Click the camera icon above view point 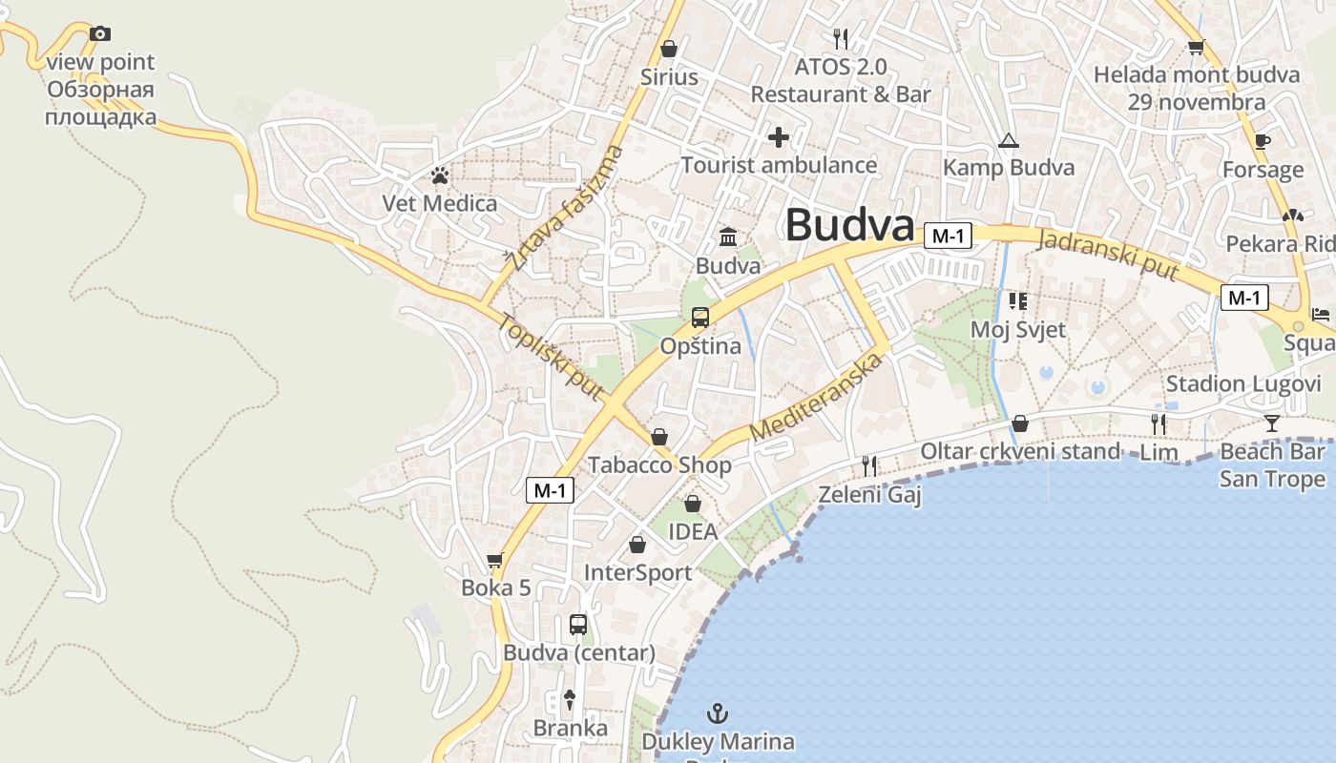click(x=100, y=34)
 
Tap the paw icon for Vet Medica click(x=440, y=175)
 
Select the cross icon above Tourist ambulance click(x=779, y=137)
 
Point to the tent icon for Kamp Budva click(x=1008, y=141)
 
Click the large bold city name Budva click(x=849, y=226)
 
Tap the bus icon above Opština click(x=700, y=318)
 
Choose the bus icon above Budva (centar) click(x=578, y=625)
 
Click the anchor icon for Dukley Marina click(x=717, y=713)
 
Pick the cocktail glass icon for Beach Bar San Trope click(x=1272, y=423)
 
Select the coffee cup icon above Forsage click(x=1263, y=142)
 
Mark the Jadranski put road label click(x=1109, y=254)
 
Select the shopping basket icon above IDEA click(x=693, y=504)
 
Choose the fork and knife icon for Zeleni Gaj click(x=869, y=465)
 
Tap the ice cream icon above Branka click(x=570, y=699)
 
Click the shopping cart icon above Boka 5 click(x=494, y=561)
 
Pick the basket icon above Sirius click(x=669, y=49)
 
